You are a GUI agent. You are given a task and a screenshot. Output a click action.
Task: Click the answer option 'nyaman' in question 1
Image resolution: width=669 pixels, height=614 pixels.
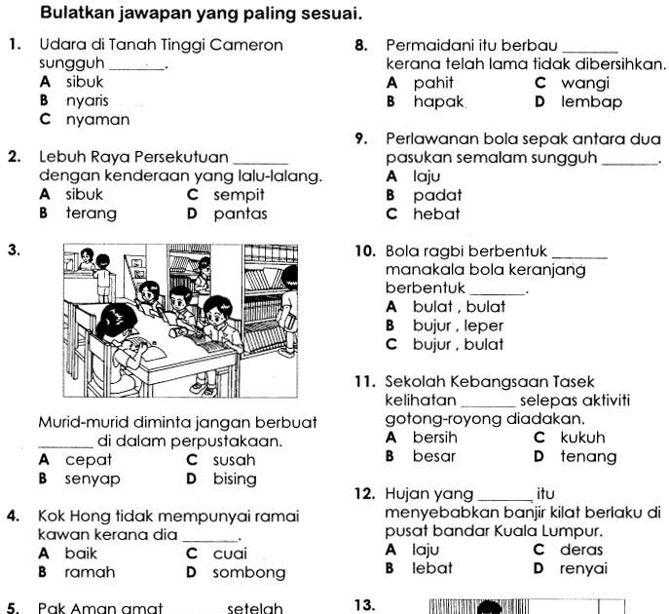97,121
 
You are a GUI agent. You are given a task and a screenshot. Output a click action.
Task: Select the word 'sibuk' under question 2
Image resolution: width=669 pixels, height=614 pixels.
84,195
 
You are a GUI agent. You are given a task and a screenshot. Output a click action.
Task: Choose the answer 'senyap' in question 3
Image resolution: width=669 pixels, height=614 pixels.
93,480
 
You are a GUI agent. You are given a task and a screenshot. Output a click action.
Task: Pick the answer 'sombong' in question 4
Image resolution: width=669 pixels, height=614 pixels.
249,572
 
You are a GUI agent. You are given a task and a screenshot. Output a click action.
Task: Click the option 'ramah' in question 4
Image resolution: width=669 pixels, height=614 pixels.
90,572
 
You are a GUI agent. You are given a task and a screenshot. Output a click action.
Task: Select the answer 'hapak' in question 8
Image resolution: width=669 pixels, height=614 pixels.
439,101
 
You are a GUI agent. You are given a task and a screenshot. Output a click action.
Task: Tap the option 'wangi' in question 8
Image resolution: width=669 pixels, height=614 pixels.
585,84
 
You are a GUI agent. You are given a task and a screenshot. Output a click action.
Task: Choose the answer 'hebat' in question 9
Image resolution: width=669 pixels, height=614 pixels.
436,213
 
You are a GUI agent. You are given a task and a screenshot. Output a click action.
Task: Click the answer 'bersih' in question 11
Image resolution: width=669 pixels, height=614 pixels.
435,438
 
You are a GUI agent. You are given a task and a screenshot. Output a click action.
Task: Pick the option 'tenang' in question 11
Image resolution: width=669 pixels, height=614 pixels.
588,456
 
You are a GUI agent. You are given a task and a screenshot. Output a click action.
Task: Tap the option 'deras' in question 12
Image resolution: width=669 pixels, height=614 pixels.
582,550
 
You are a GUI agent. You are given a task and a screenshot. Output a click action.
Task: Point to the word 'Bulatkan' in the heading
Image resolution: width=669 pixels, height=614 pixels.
76,15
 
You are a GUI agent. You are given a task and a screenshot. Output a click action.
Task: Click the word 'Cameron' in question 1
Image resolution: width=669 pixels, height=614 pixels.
248,46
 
